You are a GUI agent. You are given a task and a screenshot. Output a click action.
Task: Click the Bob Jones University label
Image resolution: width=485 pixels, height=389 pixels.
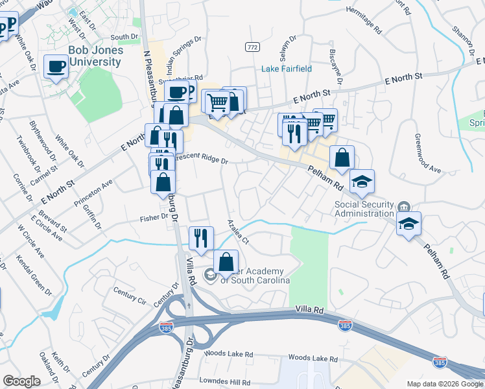click(95, 56)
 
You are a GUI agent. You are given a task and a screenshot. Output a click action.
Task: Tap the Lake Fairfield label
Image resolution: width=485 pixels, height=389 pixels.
click(287, 69)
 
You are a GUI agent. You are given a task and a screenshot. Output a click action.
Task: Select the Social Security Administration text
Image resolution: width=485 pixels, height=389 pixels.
click(364, 208)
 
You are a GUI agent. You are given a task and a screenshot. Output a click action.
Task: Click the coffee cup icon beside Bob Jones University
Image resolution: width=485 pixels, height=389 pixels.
click(56, 65)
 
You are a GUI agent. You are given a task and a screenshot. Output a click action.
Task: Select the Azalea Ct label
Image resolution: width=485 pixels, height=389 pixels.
click(239, 231)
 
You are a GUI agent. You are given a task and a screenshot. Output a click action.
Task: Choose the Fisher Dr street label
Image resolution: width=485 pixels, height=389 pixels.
click(154, 218)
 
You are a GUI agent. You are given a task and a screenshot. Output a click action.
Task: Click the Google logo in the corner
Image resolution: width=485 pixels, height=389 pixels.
click(21, 381)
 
